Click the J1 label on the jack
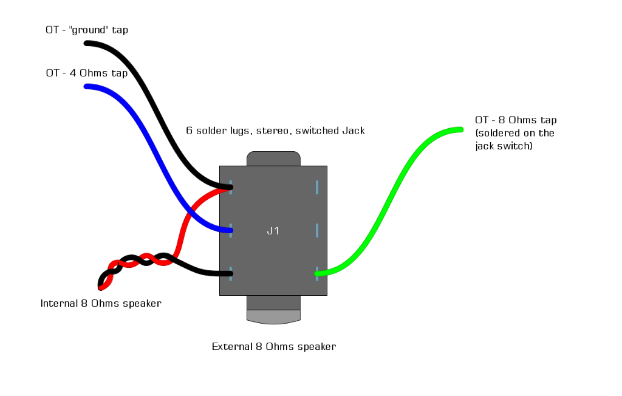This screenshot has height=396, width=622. (x=273, y=231)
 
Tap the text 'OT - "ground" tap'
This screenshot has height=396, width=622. (x=87, y=30)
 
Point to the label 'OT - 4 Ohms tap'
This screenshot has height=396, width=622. (x=87, y=73)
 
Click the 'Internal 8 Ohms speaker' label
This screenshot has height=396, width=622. (x=101, y=303)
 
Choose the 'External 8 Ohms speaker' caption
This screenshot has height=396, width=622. (x=274, y=347)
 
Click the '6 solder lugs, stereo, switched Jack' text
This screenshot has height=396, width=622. (x=275, y=131)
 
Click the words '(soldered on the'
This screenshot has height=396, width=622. (x=514, y=133)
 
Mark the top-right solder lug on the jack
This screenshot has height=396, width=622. (x=317, y=187)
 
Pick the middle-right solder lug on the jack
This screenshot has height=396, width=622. (x=317, y=230)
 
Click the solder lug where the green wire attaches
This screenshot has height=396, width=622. (x=316, y=273)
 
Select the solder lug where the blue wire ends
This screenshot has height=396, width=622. (x=231, y=230)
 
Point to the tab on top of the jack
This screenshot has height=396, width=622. (x=273, y=159)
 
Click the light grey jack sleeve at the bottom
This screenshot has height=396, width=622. (x=273, y=316)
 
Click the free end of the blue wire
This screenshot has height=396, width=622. (x=87, y=87)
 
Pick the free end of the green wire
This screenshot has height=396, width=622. (x=460, y=129)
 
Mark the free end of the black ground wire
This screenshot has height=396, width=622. (x=87, y=44)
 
